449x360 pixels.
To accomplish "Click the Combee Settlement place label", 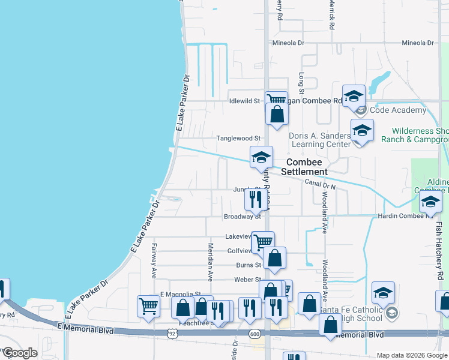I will coord(307,167).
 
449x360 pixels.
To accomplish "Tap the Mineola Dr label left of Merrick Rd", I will coord(289,43).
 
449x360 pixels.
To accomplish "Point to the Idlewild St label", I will coord(244,101).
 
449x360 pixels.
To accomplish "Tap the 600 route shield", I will coord(255,334).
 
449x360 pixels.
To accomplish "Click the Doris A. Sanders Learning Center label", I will coord(319,140).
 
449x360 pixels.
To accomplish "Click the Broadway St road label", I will coord(242,217).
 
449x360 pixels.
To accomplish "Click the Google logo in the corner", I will coord(20,353).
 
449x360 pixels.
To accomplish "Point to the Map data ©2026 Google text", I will coord(411,355).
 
